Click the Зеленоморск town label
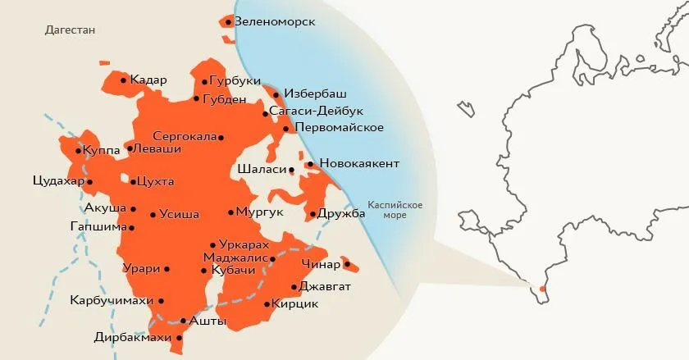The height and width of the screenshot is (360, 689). pyautogui.click(x=275, y=21)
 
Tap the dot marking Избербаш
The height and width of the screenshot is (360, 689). pyautogui.click(x=276, y=95)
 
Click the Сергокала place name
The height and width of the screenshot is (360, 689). pyautogui.click(x=185, y=137)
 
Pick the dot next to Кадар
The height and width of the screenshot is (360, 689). pyautogui.click(x=123, y=80)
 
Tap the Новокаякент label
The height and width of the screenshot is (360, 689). pyautogui.click(x=358, y=164)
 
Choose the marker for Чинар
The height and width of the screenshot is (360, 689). pyautogui.click(x=346, y=264)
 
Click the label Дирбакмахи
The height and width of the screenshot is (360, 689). pyautogui.click(x=132, y=337)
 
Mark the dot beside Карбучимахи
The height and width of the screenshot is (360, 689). pyautogui.click(x=161, y=301)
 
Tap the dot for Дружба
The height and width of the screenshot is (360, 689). pyautogui.click(x=313, y=215)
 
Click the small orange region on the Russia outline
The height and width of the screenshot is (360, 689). pyautogui.click(x=542, y=289)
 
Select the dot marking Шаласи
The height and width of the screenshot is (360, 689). pyautogui.click(x=291, y=170)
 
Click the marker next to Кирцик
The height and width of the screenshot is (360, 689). pyautogui.click(x=267, y=304)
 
